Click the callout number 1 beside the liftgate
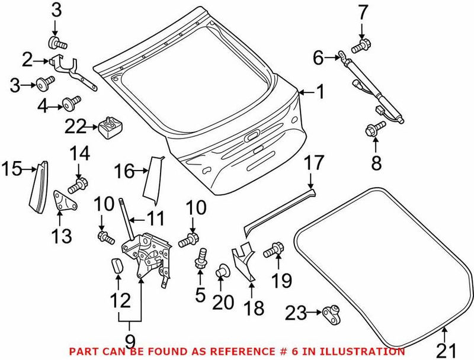pyautogui.click(x=319, y=92)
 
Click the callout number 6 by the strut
pyautogui.click(x=318, y=57)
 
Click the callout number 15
pyautogui.click(x=10, y=170)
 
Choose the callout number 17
pyautogui.click(x=315, y=162)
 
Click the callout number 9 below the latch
pyautogui.click(x=130, y=341)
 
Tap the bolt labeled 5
pyautogui.click(x=201, y=259)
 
